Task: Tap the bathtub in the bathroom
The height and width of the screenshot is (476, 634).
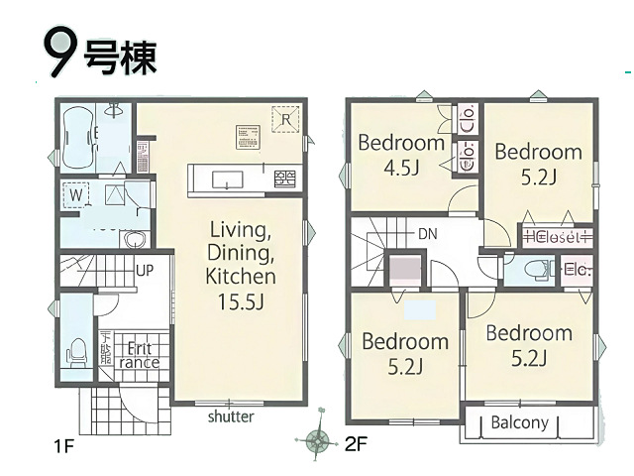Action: click(78, 140)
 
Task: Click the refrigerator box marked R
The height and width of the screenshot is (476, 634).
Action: click(284, 120)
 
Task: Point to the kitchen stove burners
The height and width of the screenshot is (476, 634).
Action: click(284, 178)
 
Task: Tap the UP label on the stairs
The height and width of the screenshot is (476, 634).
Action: click(144, 270)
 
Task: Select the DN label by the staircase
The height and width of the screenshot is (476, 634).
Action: click(427, 233)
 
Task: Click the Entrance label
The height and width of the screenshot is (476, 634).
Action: click(139, 355)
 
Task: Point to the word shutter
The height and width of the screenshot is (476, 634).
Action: click(230, 416)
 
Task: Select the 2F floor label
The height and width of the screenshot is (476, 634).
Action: click(355, 445)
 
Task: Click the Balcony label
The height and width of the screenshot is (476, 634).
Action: click(519, 422)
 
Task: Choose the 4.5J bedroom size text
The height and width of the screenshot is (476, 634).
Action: click(401, 167)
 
